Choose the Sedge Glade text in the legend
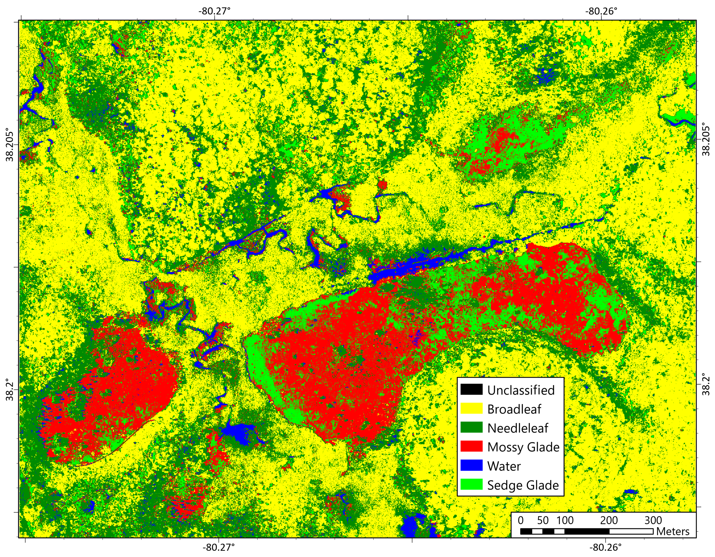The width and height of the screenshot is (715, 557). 523,485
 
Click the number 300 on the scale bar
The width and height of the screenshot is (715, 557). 653,520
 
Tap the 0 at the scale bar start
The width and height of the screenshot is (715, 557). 521,520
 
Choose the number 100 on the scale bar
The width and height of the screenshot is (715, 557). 565,520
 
